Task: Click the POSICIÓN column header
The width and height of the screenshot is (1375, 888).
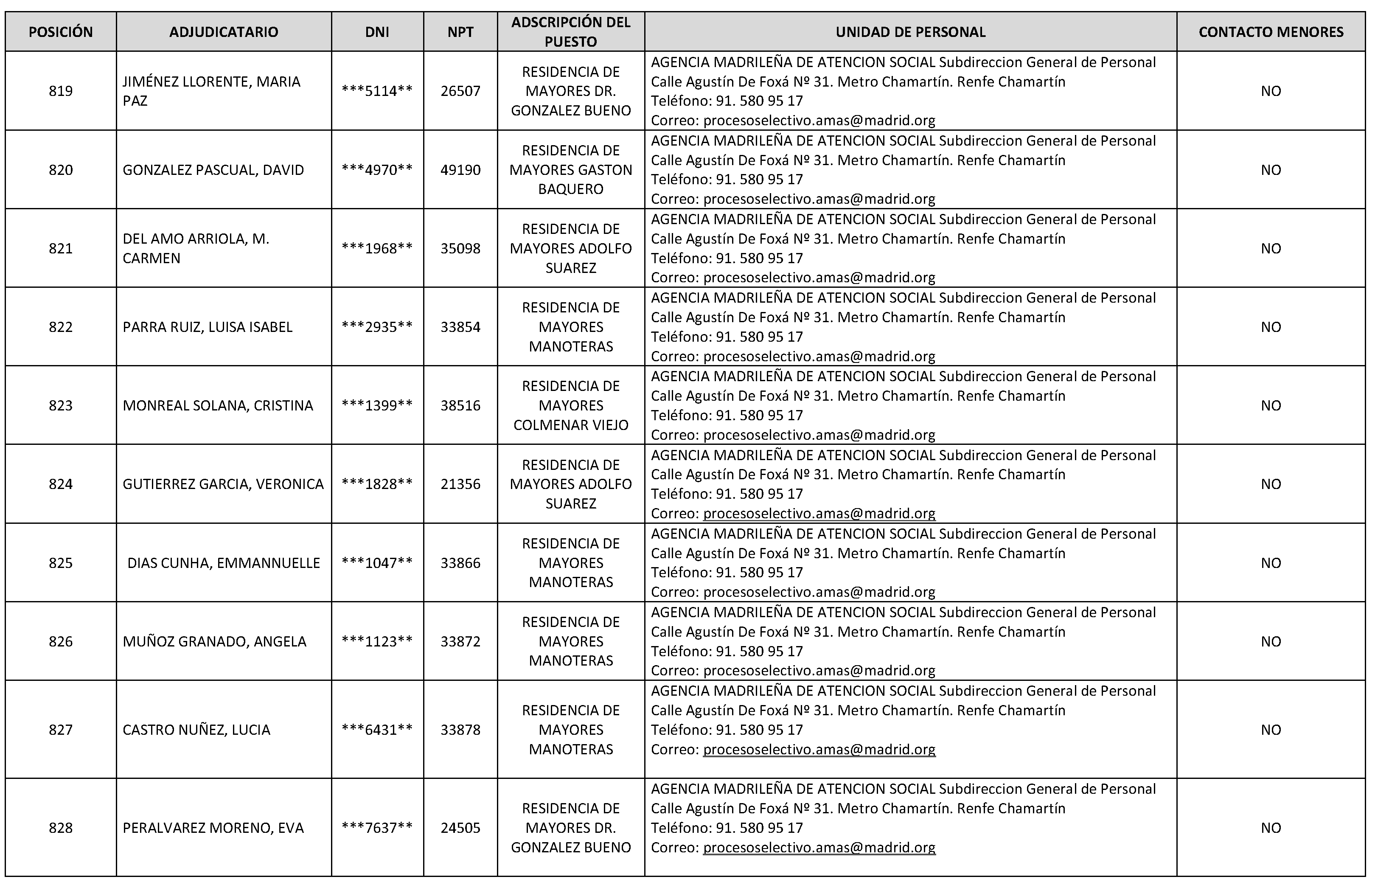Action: click(61, 32)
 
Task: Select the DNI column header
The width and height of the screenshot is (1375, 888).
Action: click(377, 32)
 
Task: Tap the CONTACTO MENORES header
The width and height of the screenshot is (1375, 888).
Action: click(1271, 32)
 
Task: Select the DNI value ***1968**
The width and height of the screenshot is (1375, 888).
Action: click(377, 248)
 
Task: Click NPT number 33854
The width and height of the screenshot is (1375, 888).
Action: click(460, 327)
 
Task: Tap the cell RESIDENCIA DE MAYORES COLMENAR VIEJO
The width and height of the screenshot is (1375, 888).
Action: click(571, 405)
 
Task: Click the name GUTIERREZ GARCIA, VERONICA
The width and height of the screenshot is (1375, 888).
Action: click(223, 484)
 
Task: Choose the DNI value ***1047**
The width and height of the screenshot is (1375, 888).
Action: click(377, 563)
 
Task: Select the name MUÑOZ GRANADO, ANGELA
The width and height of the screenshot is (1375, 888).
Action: click(214, 641)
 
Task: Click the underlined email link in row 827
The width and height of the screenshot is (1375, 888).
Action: click(819, 749)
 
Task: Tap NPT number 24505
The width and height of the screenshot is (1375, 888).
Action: click(460, 827)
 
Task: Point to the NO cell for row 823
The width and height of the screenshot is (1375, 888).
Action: click(1271, 405)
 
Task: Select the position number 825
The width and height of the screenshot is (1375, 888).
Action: click(61, 563)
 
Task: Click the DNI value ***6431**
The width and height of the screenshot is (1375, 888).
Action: click(377, 729)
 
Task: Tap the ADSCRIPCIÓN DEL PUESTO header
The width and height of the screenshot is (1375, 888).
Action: click(571, 32)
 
